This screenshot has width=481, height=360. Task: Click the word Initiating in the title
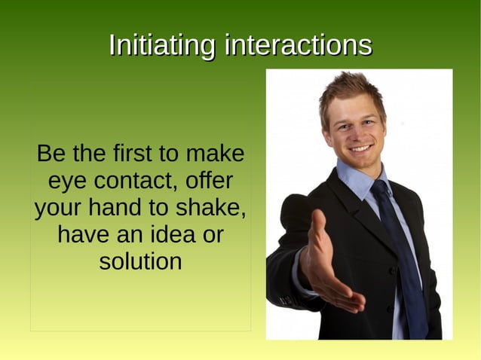coord(163,45)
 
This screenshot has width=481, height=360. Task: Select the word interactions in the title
coord(298,45)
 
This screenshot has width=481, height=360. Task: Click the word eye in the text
coord(66,182)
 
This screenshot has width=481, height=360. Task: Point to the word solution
coord(140,262)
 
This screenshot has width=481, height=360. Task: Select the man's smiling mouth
coord(361,148)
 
